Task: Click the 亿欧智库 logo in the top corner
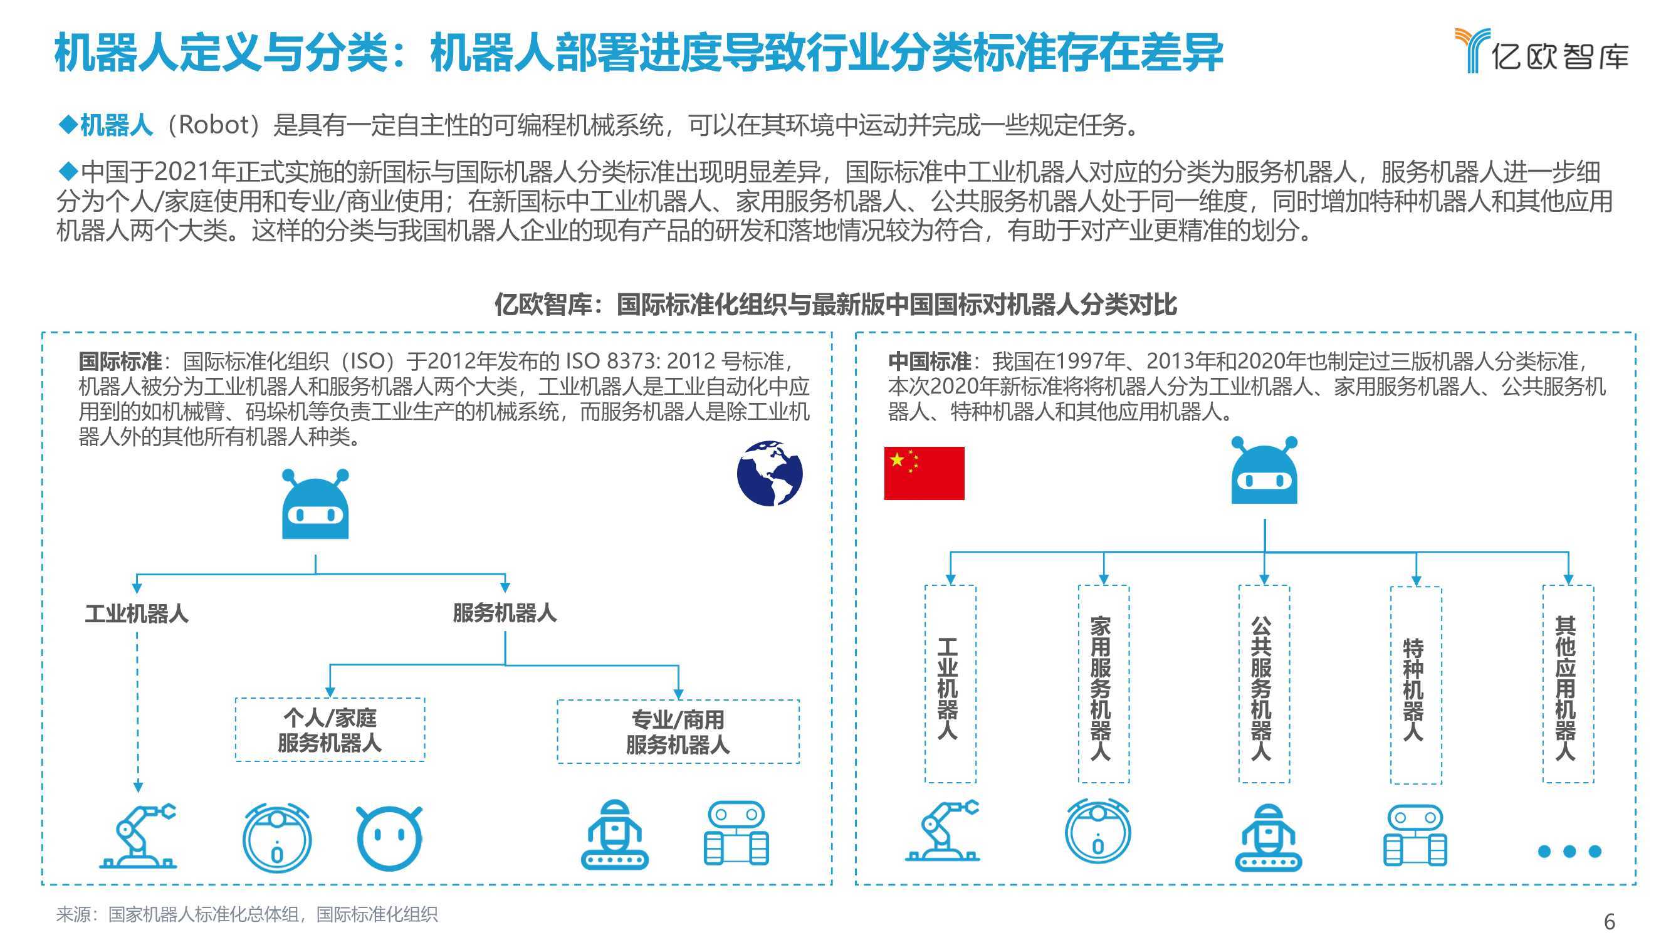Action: [x=1541, y=51]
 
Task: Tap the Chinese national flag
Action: [x=924, y=473]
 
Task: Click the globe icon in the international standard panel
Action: [x=770, y=473]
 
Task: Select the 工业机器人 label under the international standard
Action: [x=137, y=613]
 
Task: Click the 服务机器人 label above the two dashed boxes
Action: [x=505, y=612]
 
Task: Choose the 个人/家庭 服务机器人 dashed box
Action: [x=330, y=730]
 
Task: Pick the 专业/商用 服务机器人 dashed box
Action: [x=678, y=731]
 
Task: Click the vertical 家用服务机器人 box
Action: [x=1103, y=684]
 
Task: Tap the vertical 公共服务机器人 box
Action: [x=1264, y=684]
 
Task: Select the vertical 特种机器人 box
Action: [x=1416, y=685]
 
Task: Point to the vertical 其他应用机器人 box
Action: [x=1568, y=684]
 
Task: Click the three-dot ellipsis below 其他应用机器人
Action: [x=1570, y=851]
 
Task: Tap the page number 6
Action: [x=1610, y=921]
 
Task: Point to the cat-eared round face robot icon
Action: [x=389, y=838]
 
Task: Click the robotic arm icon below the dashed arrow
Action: [x=137, y=836]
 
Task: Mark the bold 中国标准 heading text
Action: [x=929, y=361]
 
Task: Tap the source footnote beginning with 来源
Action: [x=246, y=914]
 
